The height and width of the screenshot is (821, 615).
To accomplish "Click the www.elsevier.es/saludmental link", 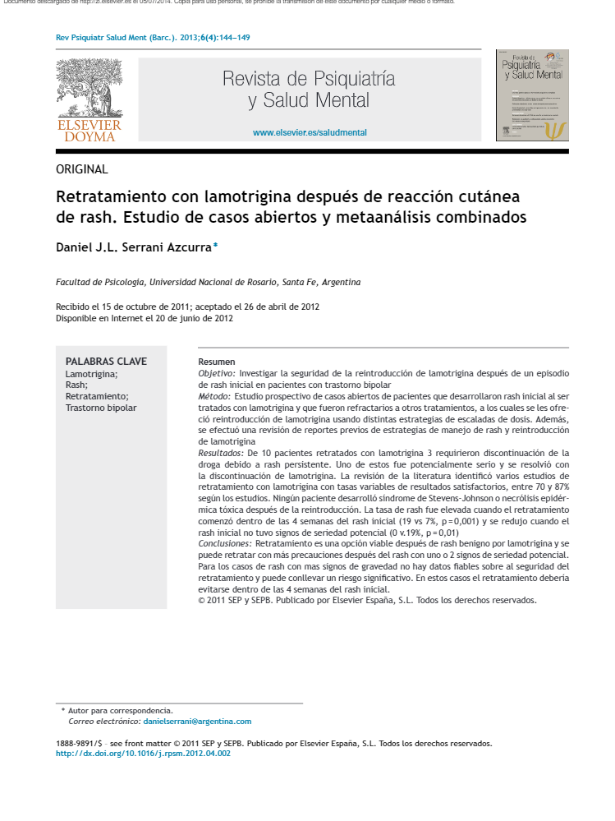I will pyautogui.click(x=310, y=132).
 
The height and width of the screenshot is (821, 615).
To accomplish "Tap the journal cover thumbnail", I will pyautogui.click(x=532, y=95).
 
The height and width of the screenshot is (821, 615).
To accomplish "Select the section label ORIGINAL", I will pyautogui.click(x=81, y=169).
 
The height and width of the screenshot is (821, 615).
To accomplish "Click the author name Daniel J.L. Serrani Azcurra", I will pyautogui.click(x=133, y=247).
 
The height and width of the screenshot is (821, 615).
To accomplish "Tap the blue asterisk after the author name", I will pyautogui.click(x=216, y=245).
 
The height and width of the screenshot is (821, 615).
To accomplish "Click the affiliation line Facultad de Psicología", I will pyautogui.click(x=208, y=282).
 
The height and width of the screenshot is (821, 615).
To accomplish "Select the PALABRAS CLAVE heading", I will pyautogui.click(x=106, y=362).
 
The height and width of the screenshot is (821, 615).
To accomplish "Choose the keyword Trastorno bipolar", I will pyautogui.click(x=101, y=408).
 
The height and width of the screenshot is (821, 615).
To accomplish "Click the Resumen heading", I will pyautogui.click(x=217, y=362).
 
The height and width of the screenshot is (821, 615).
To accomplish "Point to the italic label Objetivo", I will pyautogui.click(x=217, y=373).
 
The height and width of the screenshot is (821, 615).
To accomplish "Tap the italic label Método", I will pyautogui.click(x=214, y=396).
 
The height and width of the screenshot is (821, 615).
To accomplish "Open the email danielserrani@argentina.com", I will pyautogui.click(x=197, y=721).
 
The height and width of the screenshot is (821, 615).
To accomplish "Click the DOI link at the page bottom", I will pyautogui.click(x=143, y=753).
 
